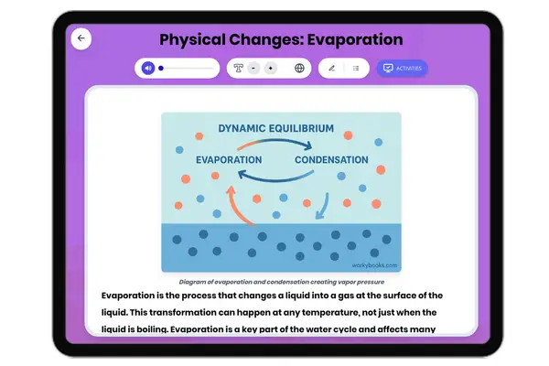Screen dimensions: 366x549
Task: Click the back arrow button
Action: click(x=81, y=38)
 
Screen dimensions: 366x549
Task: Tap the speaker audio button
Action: click(x=147, y=68)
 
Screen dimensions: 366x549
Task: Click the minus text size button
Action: click(x=253, y=68)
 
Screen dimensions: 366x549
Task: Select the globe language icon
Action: click(x=299, y=68)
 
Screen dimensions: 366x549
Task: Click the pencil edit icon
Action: click(x=331, y=68)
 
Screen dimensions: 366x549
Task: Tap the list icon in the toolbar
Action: click(x=355, y=68)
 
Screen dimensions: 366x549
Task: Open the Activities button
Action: click(x=402, y=68)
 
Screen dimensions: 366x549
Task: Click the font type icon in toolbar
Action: click(x=238, y=68)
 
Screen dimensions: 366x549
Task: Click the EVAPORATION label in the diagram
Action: click(x=230, y=159)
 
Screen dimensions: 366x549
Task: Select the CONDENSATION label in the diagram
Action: click(x=330, y=159)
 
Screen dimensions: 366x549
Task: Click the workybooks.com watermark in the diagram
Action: click(x=375, y=265)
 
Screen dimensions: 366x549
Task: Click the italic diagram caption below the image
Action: click(x=281, y=283)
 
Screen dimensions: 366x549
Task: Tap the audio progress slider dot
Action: click(x=161, y=68)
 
